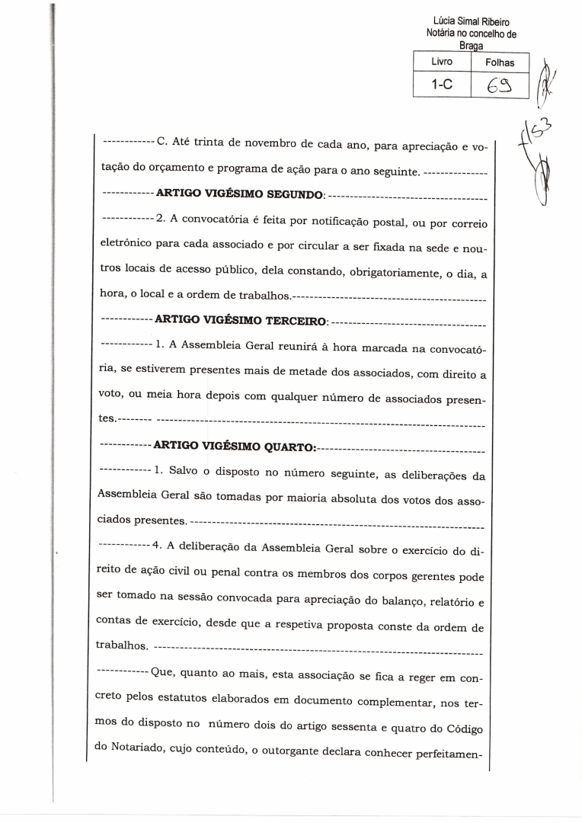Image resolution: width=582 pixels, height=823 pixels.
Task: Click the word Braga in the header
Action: (472, 45)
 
